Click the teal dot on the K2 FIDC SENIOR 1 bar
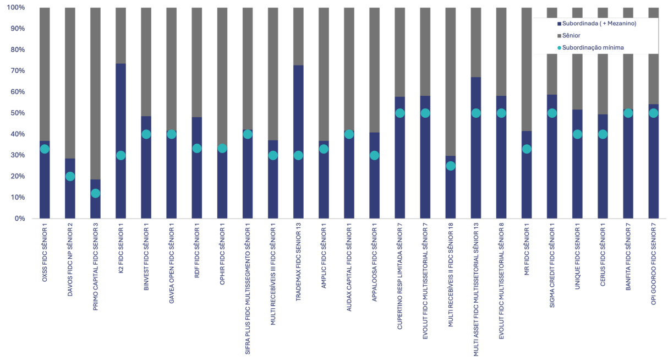coord(121,155)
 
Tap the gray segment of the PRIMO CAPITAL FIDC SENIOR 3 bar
coord(95,94)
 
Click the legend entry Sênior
coord(572,35)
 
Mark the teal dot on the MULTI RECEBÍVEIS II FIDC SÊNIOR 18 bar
coord(451,166)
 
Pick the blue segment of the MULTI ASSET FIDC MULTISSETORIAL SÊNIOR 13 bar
coord(476,165)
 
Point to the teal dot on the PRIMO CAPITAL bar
coord(95,193)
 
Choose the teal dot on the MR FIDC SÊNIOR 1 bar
coord(527,149)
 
